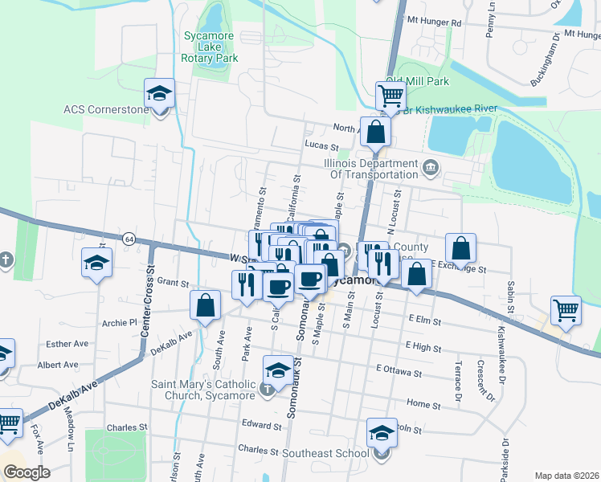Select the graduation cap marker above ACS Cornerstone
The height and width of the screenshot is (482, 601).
159,93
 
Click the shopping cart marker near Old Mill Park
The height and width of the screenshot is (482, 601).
390,96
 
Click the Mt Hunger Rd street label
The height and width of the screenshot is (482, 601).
435,22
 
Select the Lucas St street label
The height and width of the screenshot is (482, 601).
321,146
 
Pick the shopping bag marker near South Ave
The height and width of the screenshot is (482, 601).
206,305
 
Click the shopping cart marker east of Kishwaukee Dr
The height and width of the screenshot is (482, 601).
566,310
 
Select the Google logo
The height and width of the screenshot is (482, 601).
27,472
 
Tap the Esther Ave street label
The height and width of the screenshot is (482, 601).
67,344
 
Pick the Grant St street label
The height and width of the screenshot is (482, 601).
172,283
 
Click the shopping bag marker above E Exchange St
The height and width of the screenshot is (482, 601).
460,248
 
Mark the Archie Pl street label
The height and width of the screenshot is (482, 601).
121,323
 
